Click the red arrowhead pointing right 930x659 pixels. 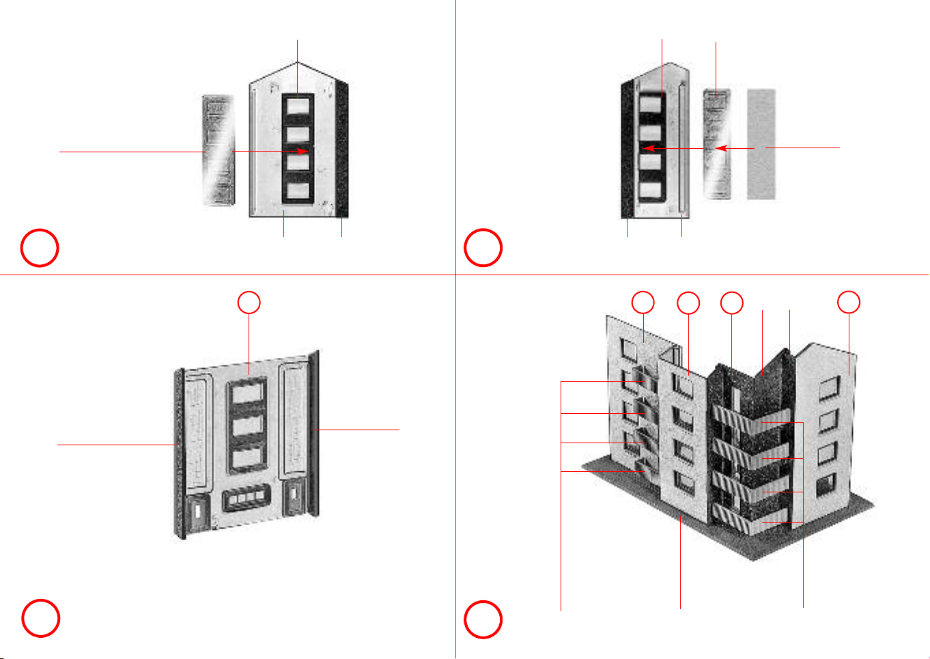(305, 151)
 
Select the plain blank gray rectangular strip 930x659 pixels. (761, 143)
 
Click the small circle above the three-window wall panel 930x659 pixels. (249, 303)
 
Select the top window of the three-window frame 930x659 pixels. (248, 394)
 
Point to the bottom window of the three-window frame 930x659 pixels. (248, 458)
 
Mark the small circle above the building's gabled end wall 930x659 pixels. (849, 303)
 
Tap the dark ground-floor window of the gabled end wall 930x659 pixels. (826, 486)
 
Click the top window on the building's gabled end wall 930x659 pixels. (828, 387)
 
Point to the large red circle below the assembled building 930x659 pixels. (483, 619)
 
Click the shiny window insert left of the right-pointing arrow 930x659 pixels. (218, 150)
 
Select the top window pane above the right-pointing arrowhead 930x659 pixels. (298, 107)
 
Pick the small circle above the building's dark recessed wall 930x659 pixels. (732, 303)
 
